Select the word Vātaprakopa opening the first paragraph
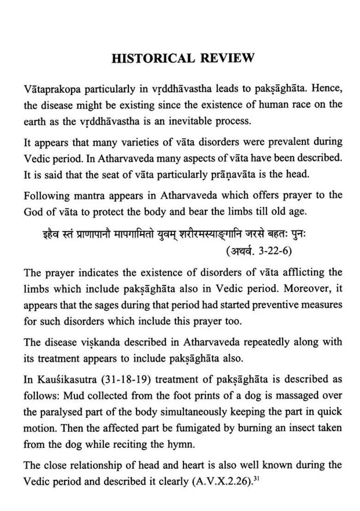point(52,89)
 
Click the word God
point(34,212)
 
